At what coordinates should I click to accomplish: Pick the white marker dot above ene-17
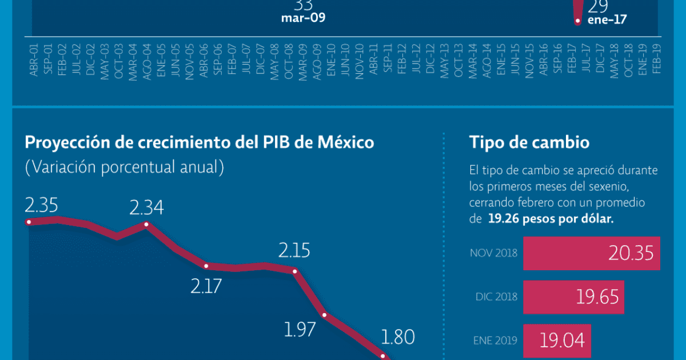[x=577, y=22]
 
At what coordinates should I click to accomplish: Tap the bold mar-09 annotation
[x=303, y=18]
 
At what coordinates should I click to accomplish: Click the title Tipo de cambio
[x=529, y=142]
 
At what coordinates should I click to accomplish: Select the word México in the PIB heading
[x=348, y=142]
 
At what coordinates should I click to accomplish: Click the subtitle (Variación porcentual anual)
[x=124, y=168]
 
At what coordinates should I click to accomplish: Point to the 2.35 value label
[x=42, y=205]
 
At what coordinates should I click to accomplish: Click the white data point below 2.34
[x=147, y=225]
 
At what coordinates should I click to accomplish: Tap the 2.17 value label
[x=206, y=285]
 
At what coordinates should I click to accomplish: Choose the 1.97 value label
[x=300, y=330]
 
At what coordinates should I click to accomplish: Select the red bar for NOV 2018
[x=592, y=253]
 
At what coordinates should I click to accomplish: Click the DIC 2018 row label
[x=496, y=297]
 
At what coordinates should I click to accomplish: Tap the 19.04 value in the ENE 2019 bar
[x=562, y=341]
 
